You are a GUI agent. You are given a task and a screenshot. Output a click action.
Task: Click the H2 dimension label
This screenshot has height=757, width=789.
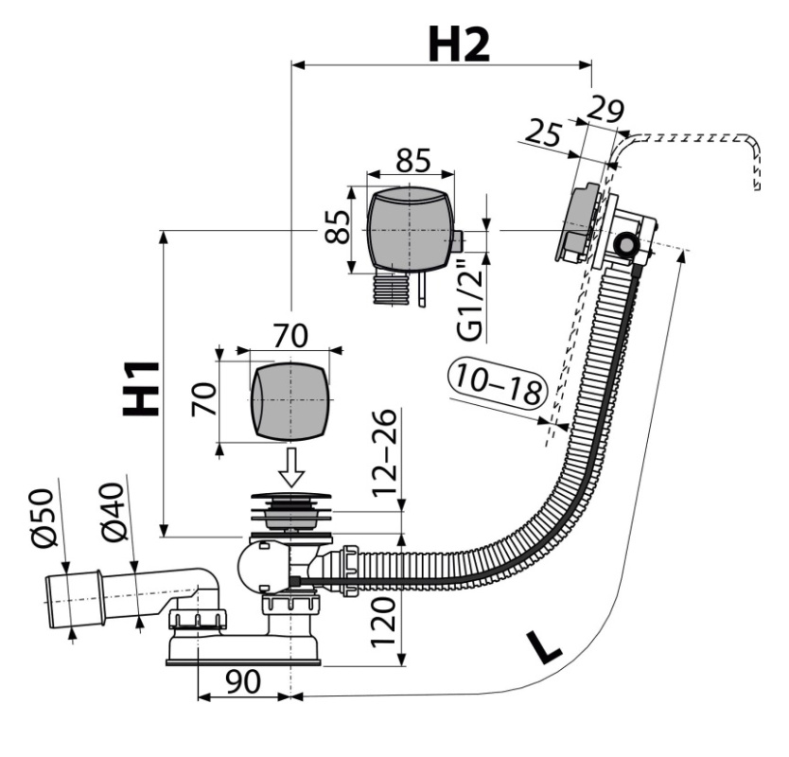[x=459, y=44]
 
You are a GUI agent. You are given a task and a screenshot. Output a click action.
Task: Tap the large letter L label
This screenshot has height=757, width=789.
[x=543, y=647]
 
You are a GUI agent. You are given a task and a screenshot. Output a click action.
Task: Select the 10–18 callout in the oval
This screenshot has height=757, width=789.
[x=497, y=383]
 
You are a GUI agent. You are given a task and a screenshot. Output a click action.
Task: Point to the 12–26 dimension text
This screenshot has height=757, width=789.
[x=384, y=452]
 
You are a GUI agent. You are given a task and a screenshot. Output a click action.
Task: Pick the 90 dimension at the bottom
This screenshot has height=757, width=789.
[x=243, y=681]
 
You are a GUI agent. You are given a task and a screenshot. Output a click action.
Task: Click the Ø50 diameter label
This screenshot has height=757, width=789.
[x=42, y=517]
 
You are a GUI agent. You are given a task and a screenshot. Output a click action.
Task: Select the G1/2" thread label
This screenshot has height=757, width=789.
[x=470, y=300]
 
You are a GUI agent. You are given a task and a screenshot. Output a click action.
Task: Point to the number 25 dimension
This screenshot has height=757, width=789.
[x=542, y=133]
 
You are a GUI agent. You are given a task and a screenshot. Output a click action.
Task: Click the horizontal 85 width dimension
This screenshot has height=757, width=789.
[x=413, y=160]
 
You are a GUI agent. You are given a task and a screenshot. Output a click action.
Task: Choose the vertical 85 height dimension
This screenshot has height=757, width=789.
[x=337, y=226]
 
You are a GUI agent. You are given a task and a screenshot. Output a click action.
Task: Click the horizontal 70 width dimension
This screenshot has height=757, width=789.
[x=290, y=336]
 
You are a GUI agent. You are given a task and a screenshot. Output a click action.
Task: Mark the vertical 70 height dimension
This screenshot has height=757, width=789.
[x=203, y=399]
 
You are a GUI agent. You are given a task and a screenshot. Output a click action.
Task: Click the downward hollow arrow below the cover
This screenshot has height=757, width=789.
[x=290, y=467]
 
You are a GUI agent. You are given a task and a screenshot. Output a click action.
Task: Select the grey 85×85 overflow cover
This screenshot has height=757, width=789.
[x=410, y=229]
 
